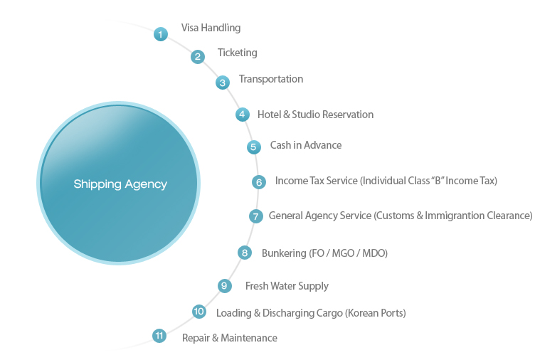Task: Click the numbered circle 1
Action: pos(161,33)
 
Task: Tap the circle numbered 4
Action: pos(243,114)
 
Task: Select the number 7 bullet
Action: pos(256,216)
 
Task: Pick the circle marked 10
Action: pos(199,312)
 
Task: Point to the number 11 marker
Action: pos(159,335)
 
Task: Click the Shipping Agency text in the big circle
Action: pos(120,184)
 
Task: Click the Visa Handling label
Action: pos(211,28)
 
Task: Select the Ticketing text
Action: pos(237,53)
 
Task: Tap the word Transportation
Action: pos(270,79)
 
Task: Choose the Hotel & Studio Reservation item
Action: pos(315,114)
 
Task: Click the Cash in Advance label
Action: pos(305,145)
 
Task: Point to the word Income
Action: pos(291,181)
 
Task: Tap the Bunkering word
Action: pos(283,253)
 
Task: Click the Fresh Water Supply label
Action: pos(287,286)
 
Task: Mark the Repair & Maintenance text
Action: pos(229,338)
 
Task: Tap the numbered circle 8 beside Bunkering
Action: pos(245,252)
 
